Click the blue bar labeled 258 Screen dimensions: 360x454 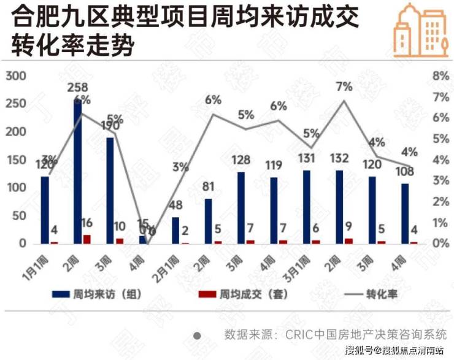tap(78, 171)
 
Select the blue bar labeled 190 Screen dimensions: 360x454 tap(110, 190)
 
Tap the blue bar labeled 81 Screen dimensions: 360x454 tap(209, 221)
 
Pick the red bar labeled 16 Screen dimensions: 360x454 tap(87, 239)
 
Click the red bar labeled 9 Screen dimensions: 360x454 tap(348, 241)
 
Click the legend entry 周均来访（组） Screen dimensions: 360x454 tap(98, 294)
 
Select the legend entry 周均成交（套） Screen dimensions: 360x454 tap(244, 294)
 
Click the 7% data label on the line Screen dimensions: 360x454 tap(344, 86)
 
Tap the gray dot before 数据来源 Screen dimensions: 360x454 tap(198, 335)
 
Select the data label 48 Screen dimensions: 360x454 tap(175, 206)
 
